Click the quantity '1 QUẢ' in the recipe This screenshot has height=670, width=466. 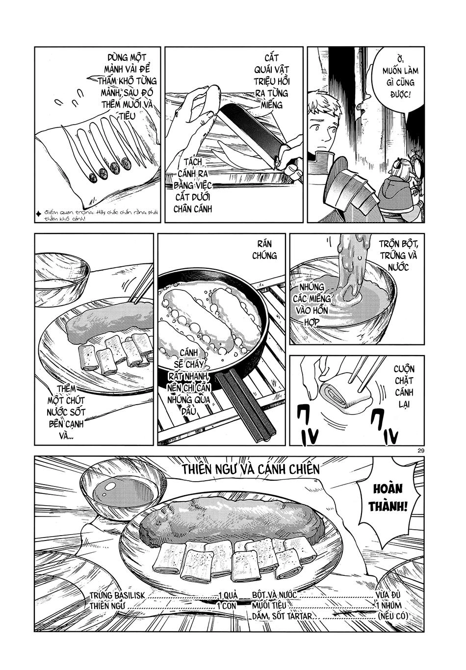tap(227, 595)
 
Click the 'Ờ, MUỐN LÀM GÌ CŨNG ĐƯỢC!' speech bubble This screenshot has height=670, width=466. tap(398, 77)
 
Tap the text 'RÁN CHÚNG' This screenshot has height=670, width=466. tap(264, 250)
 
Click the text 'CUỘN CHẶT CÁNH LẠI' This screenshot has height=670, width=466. tap(403, 387)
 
